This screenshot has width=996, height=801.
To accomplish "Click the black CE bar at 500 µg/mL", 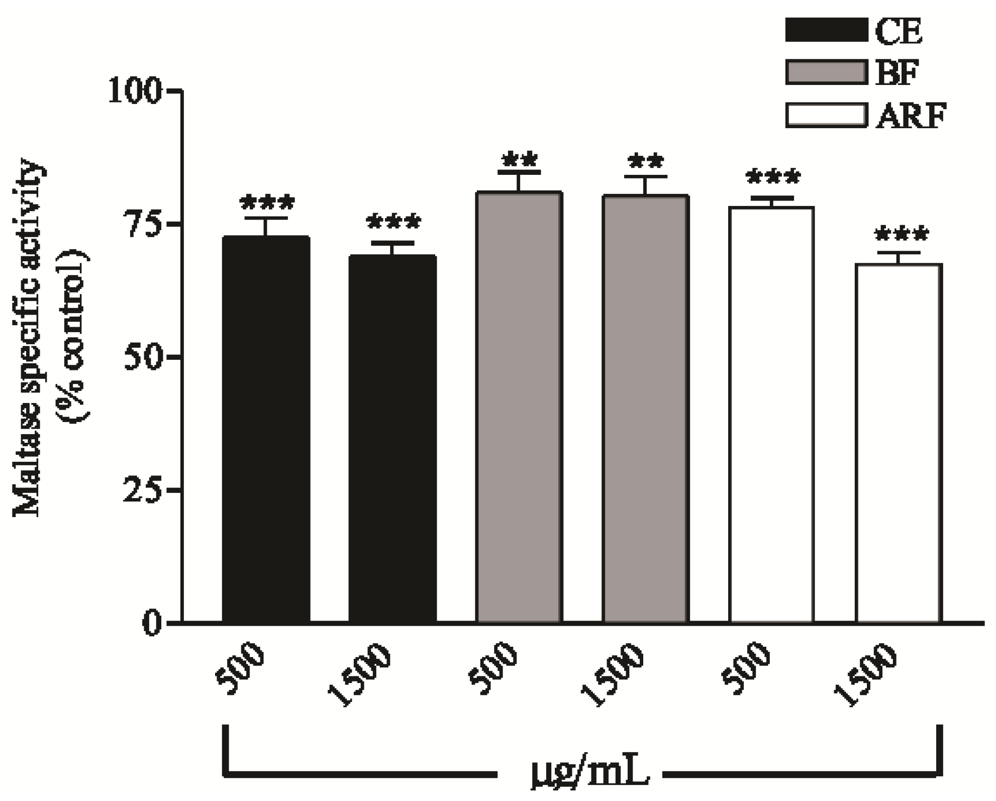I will coord(266,430).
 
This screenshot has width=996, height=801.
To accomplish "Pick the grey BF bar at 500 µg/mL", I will coord(519,407).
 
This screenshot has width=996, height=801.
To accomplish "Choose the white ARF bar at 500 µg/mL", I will coord(771,415).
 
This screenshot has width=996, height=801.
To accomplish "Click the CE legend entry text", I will coord(899,31).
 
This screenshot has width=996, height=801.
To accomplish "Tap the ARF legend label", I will coord(911,116).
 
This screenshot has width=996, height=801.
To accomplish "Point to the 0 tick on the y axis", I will coord(152,623).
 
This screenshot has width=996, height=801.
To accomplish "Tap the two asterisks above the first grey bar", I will coord(519,160).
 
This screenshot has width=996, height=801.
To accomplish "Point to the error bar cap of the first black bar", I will coord(266,218).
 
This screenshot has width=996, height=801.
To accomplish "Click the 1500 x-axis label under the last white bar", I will coord(865,676).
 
